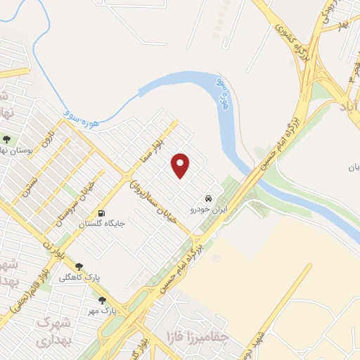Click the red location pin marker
tap(181, 165)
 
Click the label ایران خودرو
tap(204, 210)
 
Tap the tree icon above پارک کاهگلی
tap(78, 266)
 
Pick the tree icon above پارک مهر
tap(102, 300)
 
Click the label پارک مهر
tap(98, 310)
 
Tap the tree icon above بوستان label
tap(6, 139)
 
